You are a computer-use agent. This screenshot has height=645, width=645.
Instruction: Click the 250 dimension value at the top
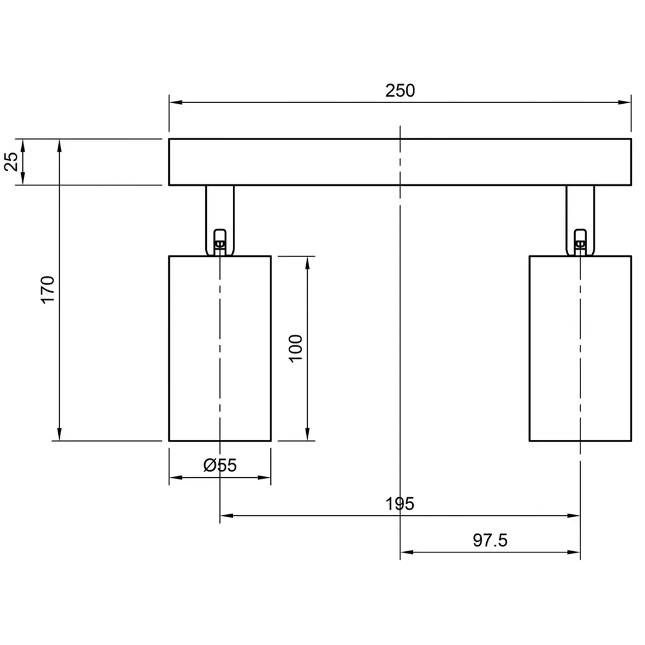click(400, 91)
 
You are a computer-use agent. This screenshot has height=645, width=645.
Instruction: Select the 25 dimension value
click(11, 162)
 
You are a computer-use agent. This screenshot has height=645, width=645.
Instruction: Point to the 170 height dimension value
click(47, 289)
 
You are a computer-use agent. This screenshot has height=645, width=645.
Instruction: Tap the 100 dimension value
click(296, 348)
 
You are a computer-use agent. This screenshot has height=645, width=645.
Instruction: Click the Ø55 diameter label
click(220, 466)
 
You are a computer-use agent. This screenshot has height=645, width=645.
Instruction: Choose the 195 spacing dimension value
click(400, 504)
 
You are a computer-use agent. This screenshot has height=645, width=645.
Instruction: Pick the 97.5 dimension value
click(490, 540)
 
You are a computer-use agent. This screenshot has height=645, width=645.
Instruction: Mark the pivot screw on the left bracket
click(220, 242)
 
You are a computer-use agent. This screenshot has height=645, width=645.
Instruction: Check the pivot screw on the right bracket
click(580, 242)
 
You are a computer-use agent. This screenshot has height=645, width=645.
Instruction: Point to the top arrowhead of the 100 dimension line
click(307, 262)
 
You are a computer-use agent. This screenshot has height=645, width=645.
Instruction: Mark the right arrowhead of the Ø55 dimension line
click(266, 478)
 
